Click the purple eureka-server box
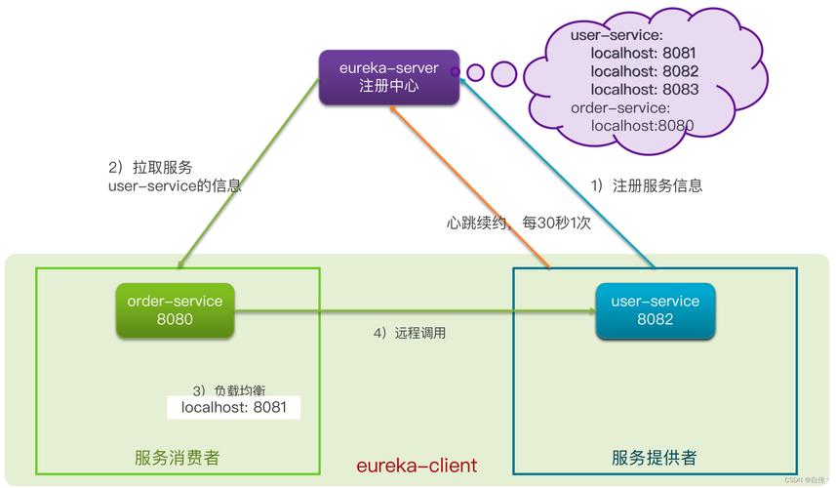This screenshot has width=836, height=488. (x=388, y=78)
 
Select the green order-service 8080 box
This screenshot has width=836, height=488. (x=175, y=310)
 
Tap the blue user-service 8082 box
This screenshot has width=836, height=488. (x=655, y=310)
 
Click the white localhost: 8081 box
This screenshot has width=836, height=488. (x=234, y=408)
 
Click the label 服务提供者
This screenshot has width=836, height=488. (x=654, y=458)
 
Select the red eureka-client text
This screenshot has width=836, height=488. (x=417, y=466)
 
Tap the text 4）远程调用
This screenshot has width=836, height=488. (x=410, y=333)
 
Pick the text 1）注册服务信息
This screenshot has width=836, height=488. (x=647, y=185)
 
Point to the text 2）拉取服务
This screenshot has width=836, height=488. (x=150, y=167)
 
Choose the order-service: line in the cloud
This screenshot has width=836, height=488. (x=620, y=107)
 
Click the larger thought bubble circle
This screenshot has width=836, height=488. (x=504, y=72)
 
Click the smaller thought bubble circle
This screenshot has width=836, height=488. (x=475, y=72)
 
